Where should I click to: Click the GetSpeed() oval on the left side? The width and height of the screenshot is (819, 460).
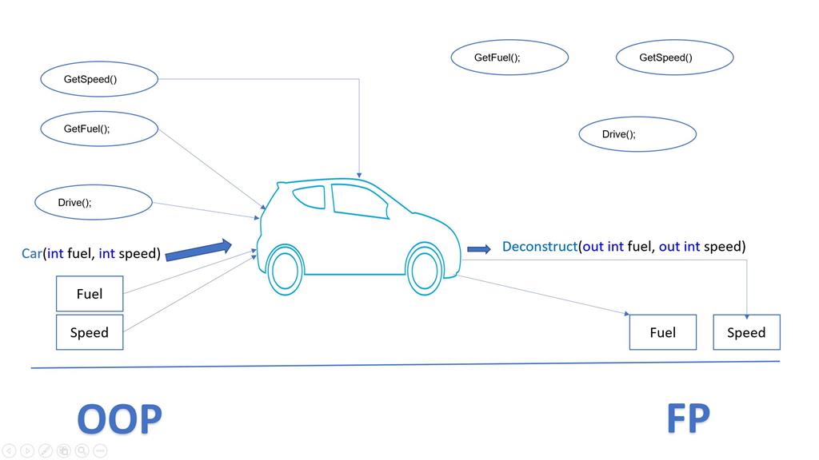point(99,79)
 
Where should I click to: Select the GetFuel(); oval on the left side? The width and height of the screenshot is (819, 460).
point(99,129)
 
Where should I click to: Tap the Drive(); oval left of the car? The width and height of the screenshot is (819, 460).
point(93,202)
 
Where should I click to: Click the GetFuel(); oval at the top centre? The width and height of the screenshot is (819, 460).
point(509,57)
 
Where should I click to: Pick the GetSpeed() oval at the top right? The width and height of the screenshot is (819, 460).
point(674,57)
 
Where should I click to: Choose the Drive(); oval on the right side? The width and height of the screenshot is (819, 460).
point(637,134)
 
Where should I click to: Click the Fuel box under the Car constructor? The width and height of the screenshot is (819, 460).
point(90,294)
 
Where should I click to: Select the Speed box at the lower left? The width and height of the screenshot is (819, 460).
point(90,332)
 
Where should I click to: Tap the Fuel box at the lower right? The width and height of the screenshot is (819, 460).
point(662,332)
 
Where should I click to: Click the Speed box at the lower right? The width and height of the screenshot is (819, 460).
point(746,332)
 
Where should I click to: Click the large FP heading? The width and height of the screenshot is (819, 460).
point(688,418)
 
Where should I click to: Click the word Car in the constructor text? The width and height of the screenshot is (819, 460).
point(31,254)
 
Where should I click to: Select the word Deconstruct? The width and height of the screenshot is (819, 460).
point(539,247)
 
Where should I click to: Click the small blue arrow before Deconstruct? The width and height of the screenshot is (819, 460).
point(478,249)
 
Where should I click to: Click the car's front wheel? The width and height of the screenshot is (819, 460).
point(425,268)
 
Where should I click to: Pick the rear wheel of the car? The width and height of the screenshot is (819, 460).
point(285,270)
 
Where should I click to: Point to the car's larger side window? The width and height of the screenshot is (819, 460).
point(358,200)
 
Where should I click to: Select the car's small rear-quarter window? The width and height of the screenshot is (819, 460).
point(310,196)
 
